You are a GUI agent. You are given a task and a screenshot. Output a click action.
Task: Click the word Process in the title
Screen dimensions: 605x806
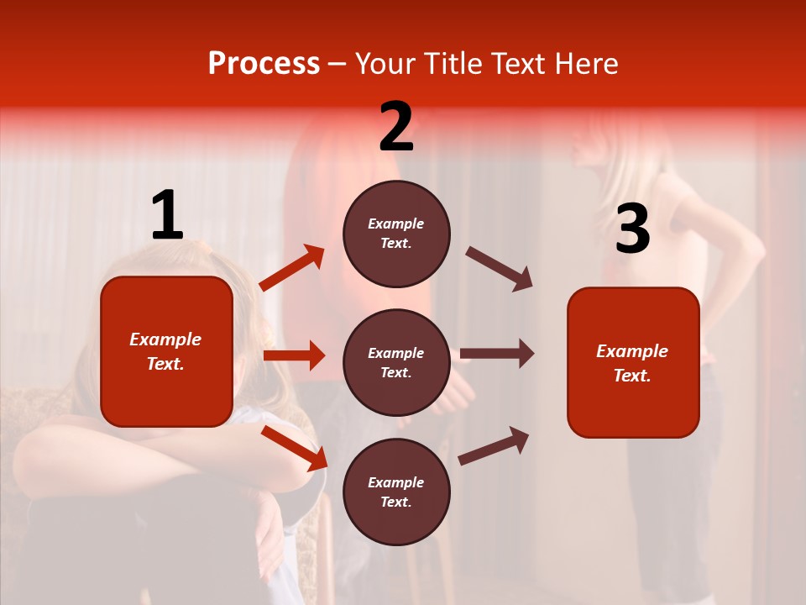coord(264,64)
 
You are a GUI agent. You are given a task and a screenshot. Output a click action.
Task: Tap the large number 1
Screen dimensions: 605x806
coord(167,216)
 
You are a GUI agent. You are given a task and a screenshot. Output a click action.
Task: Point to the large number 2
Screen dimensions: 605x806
coord(396,127)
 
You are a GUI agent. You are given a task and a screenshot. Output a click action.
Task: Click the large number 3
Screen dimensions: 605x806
coord(632,229)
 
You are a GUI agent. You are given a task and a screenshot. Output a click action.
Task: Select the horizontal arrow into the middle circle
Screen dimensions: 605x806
coord(294,355)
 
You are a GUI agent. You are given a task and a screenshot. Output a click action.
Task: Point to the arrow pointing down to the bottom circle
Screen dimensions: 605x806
coord(294,447)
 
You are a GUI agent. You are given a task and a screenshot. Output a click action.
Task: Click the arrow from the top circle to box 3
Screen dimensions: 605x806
coord(500,269)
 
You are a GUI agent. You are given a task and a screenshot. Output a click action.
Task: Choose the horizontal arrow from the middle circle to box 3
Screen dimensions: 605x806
coord(497,353)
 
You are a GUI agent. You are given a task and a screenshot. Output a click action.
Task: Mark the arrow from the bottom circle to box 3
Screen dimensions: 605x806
coord(494,445)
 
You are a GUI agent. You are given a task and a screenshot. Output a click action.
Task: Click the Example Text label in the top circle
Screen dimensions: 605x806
coord(396,234)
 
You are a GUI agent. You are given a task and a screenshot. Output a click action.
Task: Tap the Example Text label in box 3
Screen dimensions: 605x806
coord(632,363)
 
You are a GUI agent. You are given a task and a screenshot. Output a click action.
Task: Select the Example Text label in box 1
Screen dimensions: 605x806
coord(165,351)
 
